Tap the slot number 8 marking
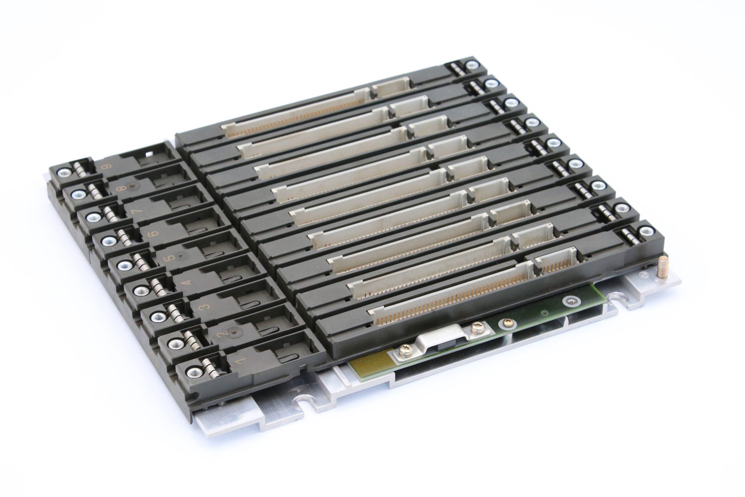click(x=121, y=189)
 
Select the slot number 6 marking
click(x=154, y=234)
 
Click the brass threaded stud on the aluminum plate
click(x=662, y=267)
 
